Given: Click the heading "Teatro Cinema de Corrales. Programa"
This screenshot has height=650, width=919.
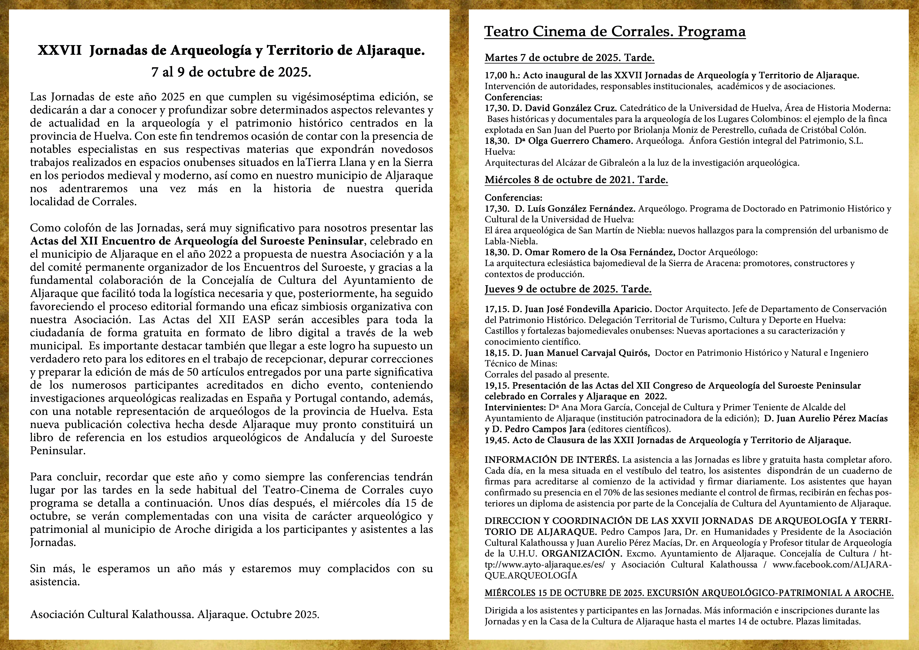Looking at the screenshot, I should click(615, 32).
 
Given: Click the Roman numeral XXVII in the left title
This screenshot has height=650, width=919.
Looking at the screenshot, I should click(60, 51).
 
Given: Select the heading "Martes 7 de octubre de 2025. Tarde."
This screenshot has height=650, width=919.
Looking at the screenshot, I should click(569, 58).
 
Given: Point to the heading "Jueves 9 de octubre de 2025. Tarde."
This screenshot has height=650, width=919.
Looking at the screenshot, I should click(568, 289).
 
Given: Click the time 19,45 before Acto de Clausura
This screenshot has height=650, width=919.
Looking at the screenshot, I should click(497, 440).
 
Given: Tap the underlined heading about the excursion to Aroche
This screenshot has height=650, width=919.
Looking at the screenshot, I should click(689, 593).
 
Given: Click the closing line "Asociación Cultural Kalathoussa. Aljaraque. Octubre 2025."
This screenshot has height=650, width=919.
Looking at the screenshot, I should click(174, 614).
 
